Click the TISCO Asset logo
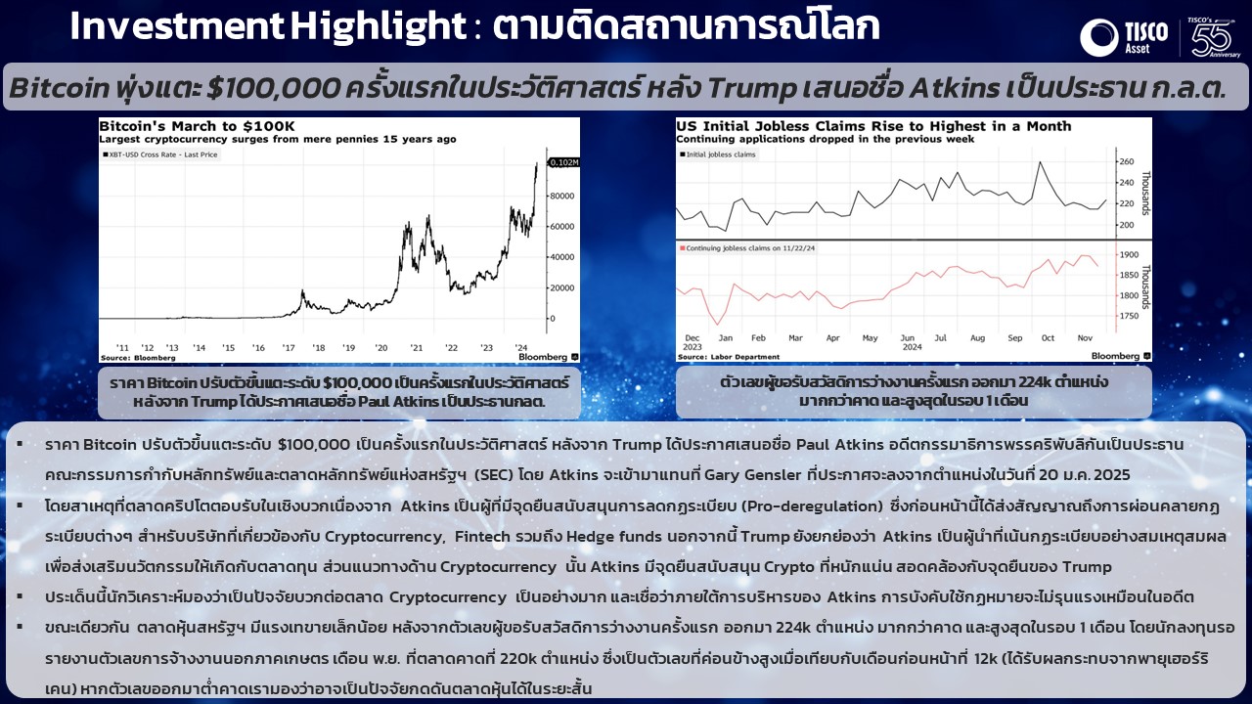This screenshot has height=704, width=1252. pyautogui.click(x=1124, y=37)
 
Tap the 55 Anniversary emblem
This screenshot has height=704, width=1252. pyautogui.click(x=1212, y=37)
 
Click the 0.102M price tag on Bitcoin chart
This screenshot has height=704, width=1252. pyautogui.click(x=564, y=162)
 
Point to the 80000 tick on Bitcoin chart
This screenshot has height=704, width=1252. pyautogui.click(x=561, y=197)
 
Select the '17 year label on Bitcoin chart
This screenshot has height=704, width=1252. pyautogui.click(x=288, y=347)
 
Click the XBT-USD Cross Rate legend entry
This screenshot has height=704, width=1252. pyautogui.click(x=160, y=154)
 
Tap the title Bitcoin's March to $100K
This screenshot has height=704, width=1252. pyautogui.click(x=197, y=126)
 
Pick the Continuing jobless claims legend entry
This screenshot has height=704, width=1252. pyautogui.click(x=746, y=248)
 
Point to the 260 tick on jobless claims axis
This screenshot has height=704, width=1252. pyautogui.click(x=1126, y=161)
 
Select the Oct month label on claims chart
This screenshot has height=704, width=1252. pyautogui.click(x=1048, y=338)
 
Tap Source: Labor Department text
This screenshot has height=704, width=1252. pyautogui.click(x=729, y=357)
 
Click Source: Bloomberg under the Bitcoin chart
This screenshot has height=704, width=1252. pyautogui.click(x=138, y=358)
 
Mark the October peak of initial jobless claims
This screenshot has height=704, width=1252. pyautogui.click(x=1040, y=162)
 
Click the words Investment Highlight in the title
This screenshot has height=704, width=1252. pyautogui.click(x=268, y=26)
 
